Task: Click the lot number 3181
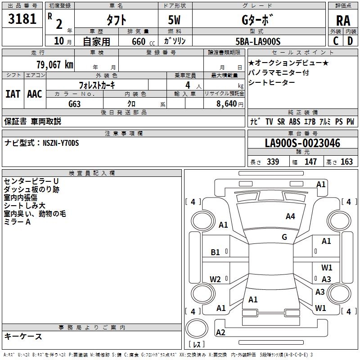coord(22,19)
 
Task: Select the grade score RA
coord(343,21)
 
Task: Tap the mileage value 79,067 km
coord(54,64)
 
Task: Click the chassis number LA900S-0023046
coord(302,144)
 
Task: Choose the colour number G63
coord(75,103)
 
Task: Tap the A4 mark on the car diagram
coord(290,216)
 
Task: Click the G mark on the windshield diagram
coord(284,237)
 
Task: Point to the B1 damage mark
coord(216,252)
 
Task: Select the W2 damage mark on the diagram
coord(216,279)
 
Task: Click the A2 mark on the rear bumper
coord(220,333)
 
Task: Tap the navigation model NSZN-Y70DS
coord(61,143)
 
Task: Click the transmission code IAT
coord(13,94)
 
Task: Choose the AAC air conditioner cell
coord(35,94)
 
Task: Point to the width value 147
coord(310,162)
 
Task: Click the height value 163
coord(346,162)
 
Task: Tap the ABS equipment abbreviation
coord(294,121)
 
